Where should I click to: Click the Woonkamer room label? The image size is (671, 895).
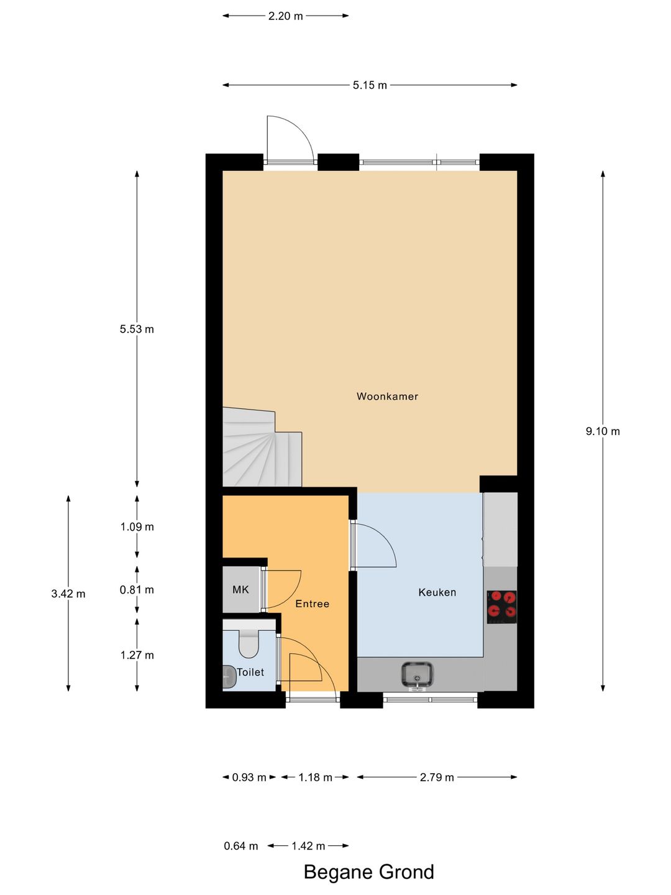pos(387,396)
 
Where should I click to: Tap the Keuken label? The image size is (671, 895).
pos(437,592)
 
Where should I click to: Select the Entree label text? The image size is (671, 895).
pos(312,604)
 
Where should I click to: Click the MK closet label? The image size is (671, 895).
pos(240,589)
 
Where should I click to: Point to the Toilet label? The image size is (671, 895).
pos(250,672)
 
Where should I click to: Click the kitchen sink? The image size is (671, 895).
pos(417,675)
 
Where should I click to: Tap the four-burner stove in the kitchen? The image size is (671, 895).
pos(501,607)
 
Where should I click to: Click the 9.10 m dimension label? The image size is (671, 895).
pos(603,431)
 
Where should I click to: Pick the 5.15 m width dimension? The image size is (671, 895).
pos(370,85)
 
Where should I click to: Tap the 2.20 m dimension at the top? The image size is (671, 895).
pos(285,16)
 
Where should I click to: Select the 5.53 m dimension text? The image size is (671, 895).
pos(137,329)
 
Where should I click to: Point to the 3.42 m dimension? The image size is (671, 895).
pos(68,594)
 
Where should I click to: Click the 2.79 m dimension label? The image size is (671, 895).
pos(437,777)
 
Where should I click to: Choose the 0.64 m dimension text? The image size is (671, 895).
pos(240,846)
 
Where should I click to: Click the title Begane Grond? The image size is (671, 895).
pos(368,872)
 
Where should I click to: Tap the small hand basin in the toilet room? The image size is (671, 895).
pos(229,677)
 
